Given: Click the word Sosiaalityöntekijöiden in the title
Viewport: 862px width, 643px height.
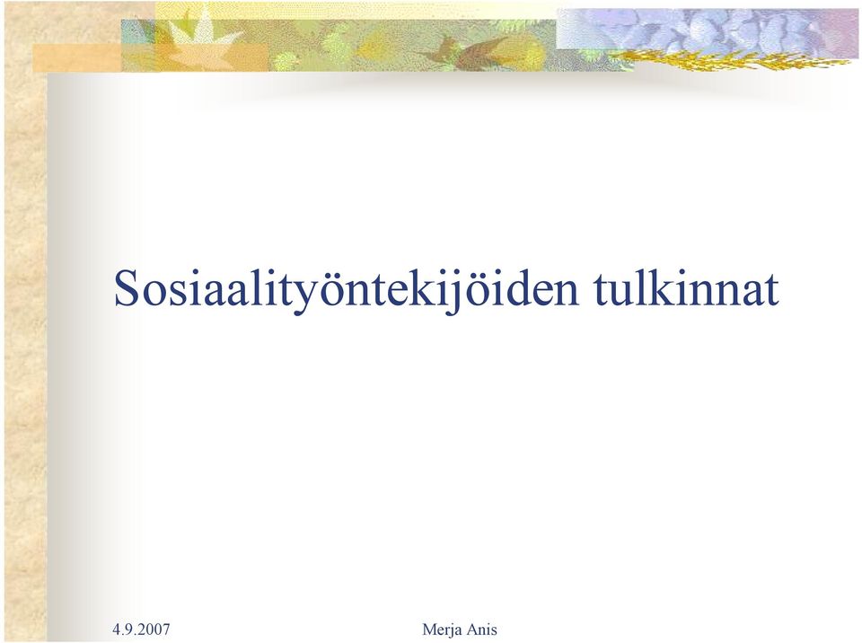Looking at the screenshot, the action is click(x=347, y=289).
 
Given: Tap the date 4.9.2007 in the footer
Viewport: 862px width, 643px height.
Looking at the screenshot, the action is click(x=141, y=629).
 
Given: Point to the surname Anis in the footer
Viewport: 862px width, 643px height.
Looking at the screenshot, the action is click(x=483, y=629).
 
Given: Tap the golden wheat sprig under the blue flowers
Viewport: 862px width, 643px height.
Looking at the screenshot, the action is click(x=731, y=58).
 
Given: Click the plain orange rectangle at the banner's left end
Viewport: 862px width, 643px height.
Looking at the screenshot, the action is click(x=77, y=57).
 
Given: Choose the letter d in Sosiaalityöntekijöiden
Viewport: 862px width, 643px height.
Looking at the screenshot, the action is click(x=517, y=287).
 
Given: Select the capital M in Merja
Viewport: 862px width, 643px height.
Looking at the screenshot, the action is click(x=428, y=629).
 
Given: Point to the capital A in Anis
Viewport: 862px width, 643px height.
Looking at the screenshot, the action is click(x=474, y=629).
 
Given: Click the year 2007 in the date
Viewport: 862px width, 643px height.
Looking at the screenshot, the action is click(x=155, y=629).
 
